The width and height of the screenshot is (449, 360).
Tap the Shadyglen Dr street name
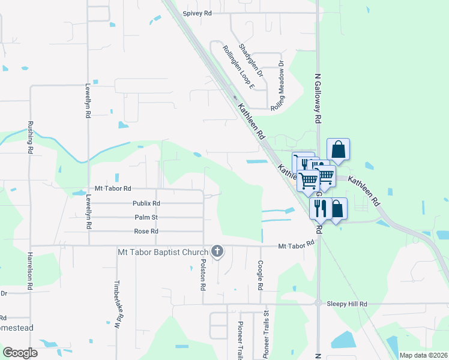251,60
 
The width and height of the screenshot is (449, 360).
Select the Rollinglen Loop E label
238,67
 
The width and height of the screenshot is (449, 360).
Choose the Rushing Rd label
30,138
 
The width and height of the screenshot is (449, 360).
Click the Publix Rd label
146,203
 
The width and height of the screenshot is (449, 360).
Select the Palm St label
146,217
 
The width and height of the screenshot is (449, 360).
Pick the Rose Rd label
146,231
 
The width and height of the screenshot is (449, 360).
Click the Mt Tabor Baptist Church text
163,251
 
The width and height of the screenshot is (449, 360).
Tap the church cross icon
218,251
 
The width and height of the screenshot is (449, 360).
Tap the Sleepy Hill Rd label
346,304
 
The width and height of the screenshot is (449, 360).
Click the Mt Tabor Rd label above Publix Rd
109,188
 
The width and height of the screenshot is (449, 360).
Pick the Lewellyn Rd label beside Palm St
88,212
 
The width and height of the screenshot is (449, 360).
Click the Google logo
20,353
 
